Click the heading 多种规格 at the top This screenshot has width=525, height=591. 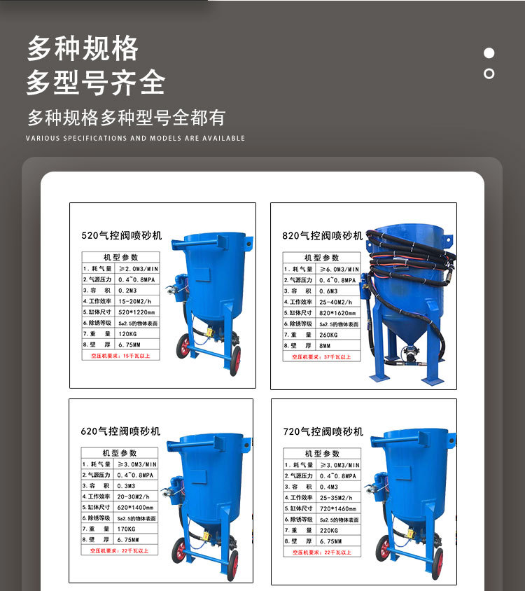click(x=83, y=49)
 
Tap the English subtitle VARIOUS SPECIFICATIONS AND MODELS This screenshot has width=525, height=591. click(x=135, y=138)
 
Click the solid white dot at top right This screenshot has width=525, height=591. click(x=489, y=53)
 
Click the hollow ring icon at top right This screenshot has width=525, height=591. click(x=489, y=74)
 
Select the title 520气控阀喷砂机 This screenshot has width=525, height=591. click(x=121, y=236)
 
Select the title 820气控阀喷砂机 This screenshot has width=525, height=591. click(x=323, y=236)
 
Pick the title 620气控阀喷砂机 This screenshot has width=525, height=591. click(x=120, y=431)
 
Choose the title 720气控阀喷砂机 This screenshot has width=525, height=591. click(x=323, y=432)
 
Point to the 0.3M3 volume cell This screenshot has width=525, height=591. click(x=129, y=485)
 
